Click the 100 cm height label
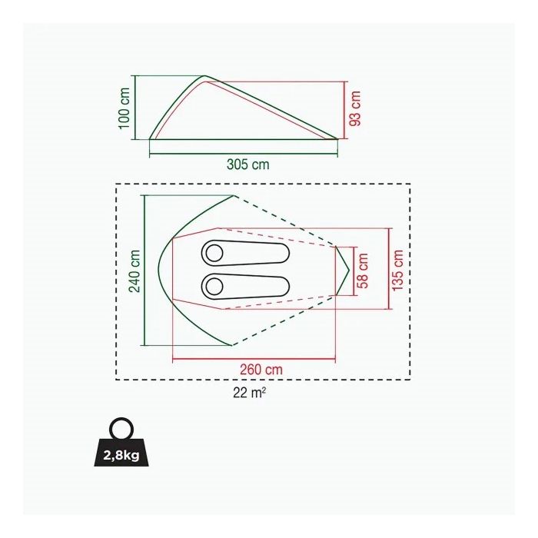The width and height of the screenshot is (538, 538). click(x=125, y=108)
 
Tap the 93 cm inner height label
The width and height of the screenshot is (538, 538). click(x=355, y=108)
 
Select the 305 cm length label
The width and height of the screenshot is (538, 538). click(x=247, y=164)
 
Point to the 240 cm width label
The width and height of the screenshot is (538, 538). click(x=134, y=271)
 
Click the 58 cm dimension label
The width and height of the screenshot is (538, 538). click(x=363, y=271)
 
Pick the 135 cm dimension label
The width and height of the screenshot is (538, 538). click(x=397, y=271)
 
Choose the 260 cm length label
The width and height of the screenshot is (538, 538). click(x=261, y=370)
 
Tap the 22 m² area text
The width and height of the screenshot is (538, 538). click(x=250, y=393)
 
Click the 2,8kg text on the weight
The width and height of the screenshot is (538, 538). click(x=121, y=456)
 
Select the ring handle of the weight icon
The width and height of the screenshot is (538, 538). click(x=121, y=418)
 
